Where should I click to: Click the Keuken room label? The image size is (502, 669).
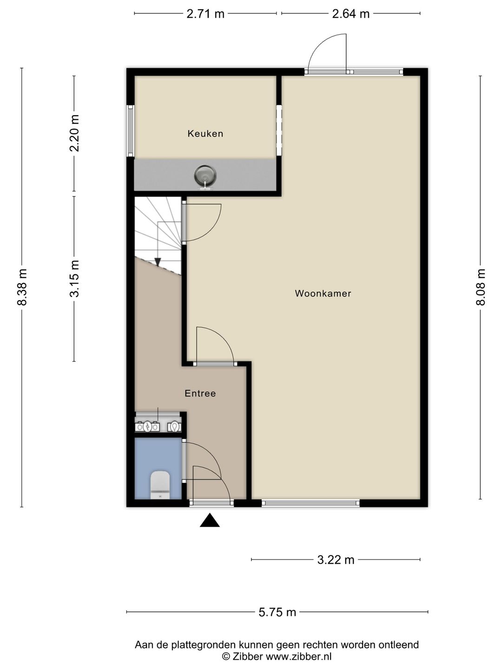(205, 133)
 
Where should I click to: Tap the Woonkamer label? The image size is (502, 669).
(323, 294)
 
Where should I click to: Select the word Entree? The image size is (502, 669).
(200, 394)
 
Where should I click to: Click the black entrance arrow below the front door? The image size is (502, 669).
(210, 520)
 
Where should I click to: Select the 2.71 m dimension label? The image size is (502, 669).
(205, 14)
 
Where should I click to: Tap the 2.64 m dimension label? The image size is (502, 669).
(350, 14)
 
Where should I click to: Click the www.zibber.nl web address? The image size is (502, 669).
(299, 656)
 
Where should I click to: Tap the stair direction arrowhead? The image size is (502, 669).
(158, 262)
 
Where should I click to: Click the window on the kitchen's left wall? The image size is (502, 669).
(131, 131)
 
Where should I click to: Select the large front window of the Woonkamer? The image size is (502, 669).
(310, 503)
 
